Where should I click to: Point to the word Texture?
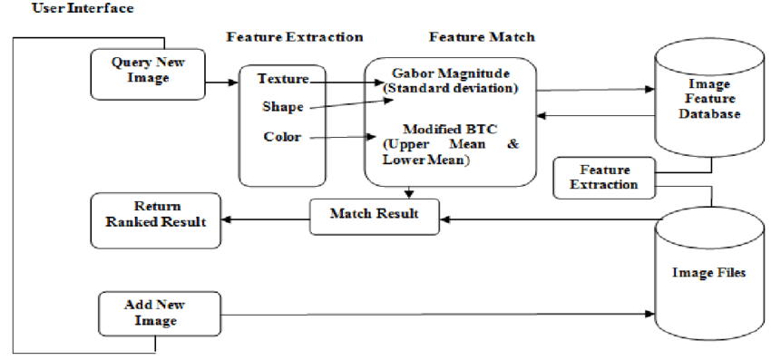[x=282, y=79]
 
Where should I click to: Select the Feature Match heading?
[x=482, y=37]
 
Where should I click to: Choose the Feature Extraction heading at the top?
[x=294, y=37]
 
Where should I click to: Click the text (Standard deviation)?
[x=450, y=87]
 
